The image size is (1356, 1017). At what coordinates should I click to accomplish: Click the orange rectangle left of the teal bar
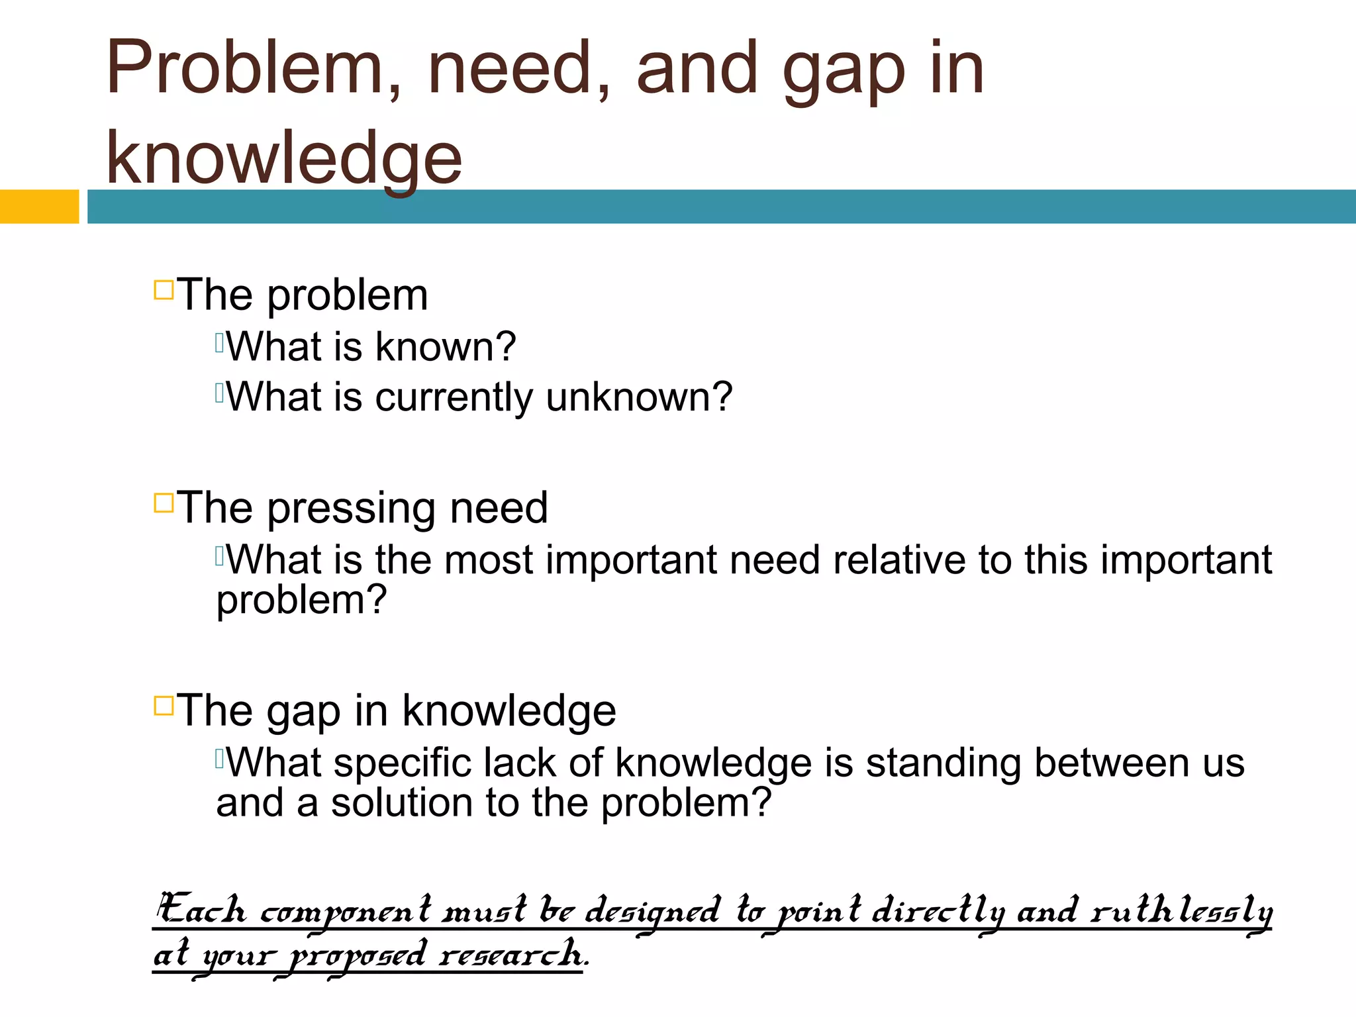[x=39, y=207]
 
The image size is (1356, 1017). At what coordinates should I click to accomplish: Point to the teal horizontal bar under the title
[x=721, y=207]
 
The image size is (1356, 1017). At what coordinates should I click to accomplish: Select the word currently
[x=454, y=398]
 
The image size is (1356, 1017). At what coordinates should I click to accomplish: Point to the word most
[x=489, y=560]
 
